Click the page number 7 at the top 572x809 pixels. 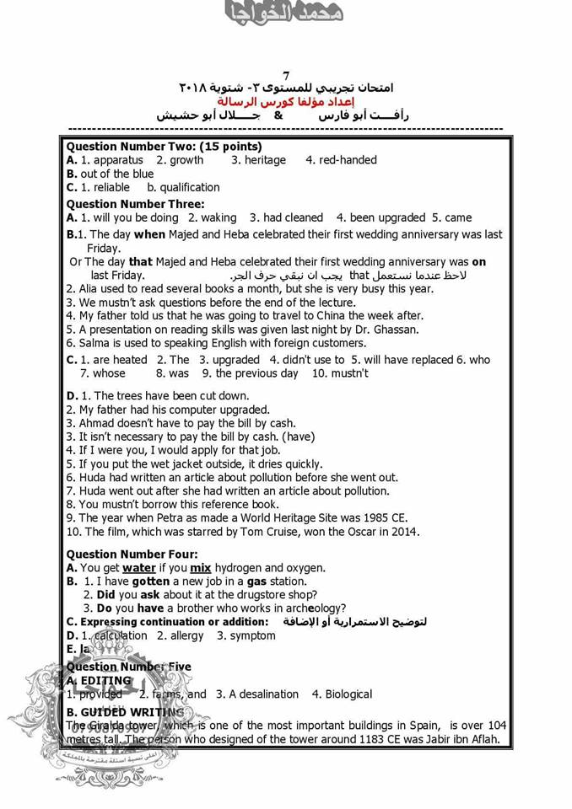286,75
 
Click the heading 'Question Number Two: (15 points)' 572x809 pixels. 164,146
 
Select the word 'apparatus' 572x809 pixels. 117,160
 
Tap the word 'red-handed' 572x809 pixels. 348,160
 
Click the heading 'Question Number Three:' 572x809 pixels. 135,204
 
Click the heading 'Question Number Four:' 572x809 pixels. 132,555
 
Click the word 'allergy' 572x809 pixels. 187,635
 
